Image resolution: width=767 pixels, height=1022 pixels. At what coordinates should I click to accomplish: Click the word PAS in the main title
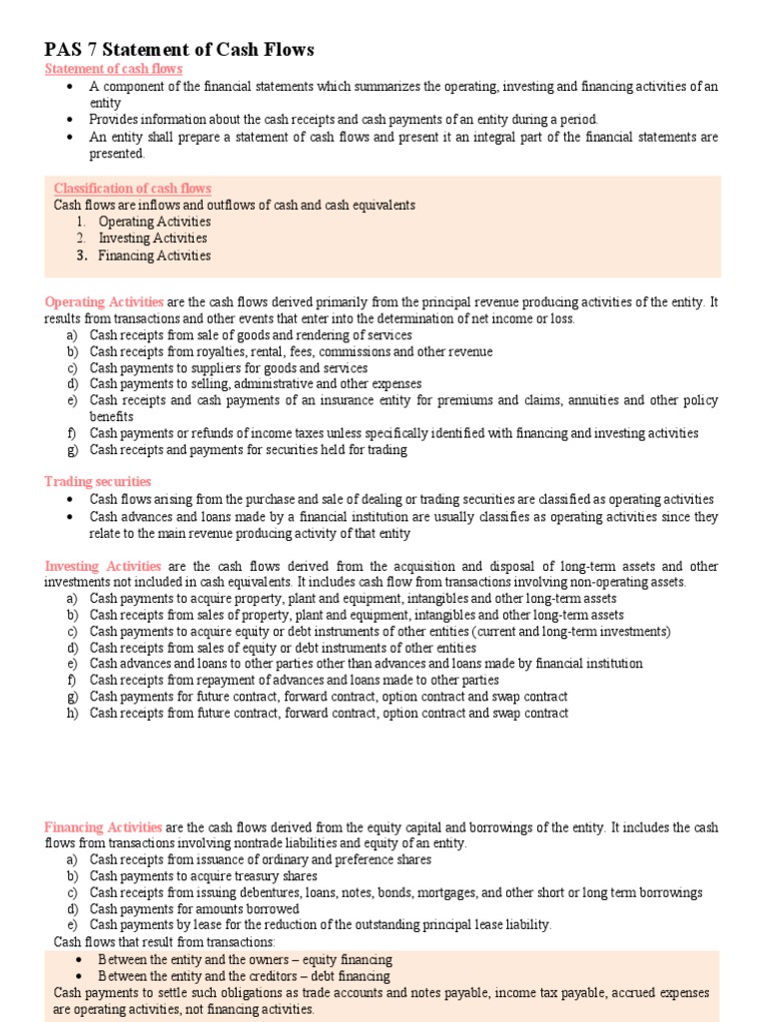(65, 49)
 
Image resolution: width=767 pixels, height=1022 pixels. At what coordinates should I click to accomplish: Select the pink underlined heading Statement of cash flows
(113, 69)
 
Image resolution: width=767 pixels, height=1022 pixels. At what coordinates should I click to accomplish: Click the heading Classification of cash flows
(132, 189)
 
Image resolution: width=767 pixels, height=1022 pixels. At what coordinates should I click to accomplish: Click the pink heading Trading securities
(98, 482)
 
